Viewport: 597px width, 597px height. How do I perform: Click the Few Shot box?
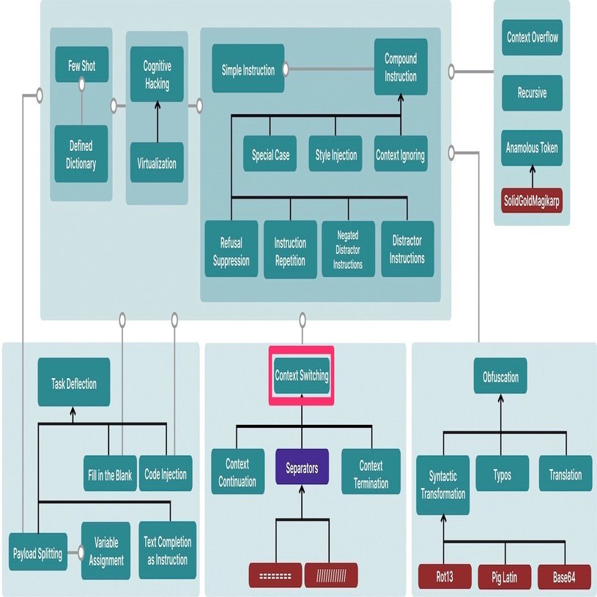pos(81,66)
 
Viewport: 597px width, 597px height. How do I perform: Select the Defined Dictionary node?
pos(81,155)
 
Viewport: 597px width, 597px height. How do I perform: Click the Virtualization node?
pos(156,163)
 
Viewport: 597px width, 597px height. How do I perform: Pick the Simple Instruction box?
pos(248,70)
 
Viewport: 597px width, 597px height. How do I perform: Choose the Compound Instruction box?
pos(400,67)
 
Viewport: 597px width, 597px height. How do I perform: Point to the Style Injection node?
pos(335,155)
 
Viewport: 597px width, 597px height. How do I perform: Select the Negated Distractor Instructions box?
pos(348,250)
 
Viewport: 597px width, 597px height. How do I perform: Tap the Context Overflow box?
pos(533,37)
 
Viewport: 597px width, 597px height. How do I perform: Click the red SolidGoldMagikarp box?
pos(532,201)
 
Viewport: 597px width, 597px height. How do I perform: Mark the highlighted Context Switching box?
pos(302,375)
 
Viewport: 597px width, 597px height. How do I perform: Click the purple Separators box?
pos(302,469)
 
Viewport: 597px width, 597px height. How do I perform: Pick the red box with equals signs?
pos(275,574)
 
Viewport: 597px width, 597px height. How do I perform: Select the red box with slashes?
pos(330,574)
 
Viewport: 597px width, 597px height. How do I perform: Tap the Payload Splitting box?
pos(37,552)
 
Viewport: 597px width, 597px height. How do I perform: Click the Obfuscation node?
pos(500,377)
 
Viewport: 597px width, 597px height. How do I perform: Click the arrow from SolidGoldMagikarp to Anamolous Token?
pos(532,178)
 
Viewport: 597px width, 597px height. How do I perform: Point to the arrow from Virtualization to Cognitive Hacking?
pos(156,121)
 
